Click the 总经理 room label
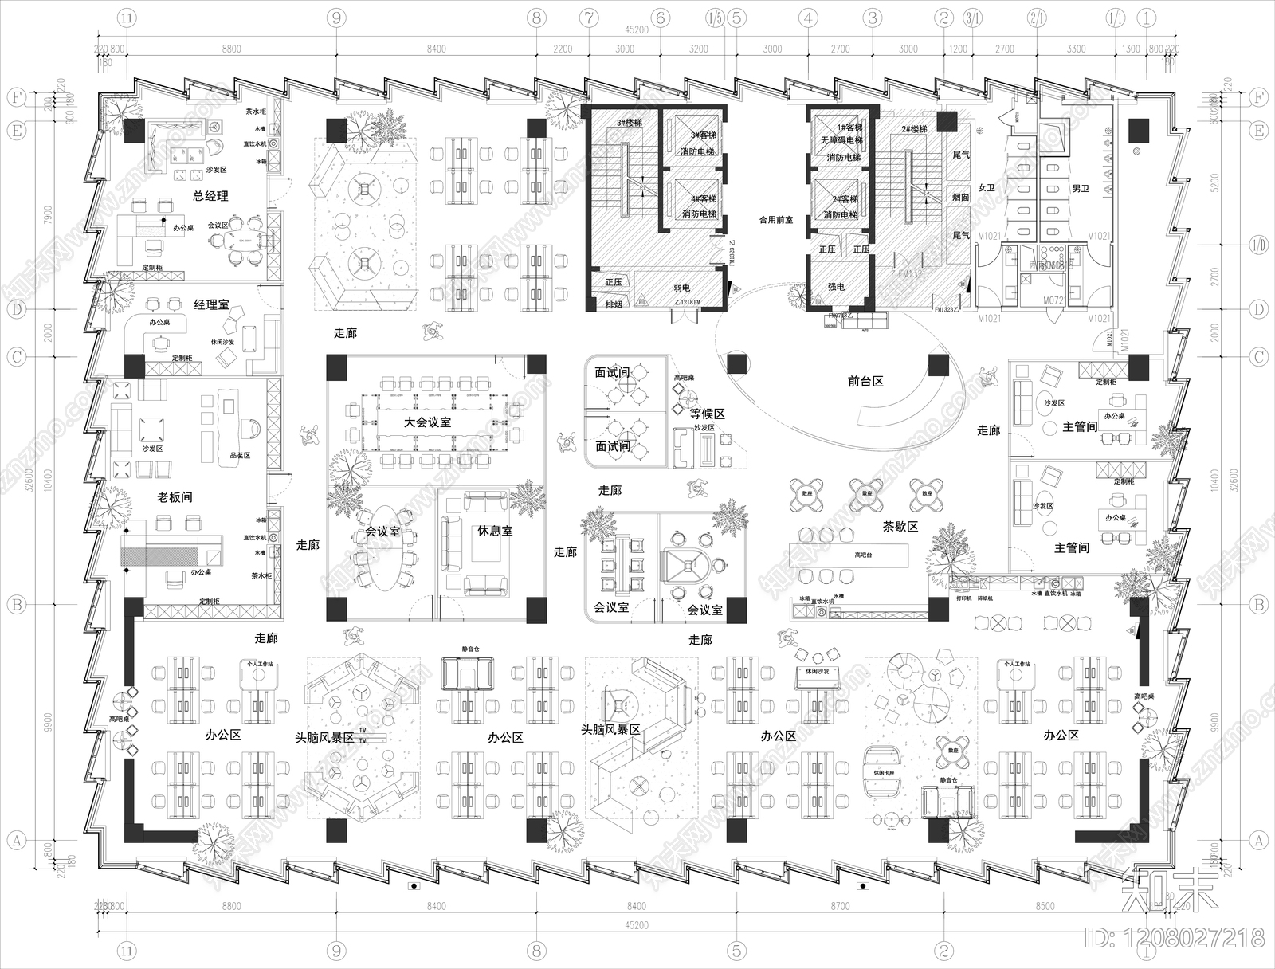pos(210,196)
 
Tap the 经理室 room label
pos(211,304)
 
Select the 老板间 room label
pos(175,497)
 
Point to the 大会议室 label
pos(427,422)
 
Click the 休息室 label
pos(495,531)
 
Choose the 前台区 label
pos(865,382)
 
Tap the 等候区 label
pos(708,414)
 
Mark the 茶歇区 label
pos(900,527)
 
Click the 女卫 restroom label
pos(987,188)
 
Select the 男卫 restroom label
pos(1081,188)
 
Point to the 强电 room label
pos(836,286)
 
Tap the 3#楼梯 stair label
pos(629,124)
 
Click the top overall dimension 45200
pos(637,30)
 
